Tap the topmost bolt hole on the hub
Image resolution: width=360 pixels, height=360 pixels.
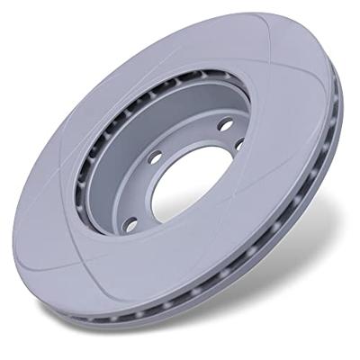pos(224,124)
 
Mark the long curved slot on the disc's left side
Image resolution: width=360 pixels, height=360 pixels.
pos(67,180)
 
